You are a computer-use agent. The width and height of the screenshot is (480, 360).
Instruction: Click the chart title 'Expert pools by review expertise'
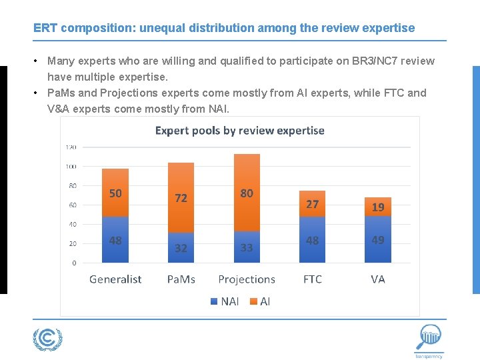coord(239,131)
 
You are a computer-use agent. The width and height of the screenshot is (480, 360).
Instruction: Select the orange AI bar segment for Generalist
coord(115,193)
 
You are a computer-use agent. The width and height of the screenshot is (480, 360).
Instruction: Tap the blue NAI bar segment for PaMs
coord(181,247)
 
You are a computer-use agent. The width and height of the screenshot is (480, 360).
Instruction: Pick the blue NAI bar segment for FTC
coord(312,240)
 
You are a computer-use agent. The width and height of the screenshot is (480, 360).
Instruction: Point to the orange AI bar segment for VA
coord(377,207)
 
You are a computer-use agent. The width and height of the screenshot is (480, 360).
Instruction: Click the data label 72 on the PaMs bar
coord(181,198)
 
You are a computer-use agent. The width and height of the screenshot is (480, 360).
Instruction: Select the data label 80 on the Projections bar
coord(247,193)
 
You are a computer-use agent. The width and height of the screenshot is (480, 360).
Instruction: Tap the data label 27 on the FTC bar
coord(312,204)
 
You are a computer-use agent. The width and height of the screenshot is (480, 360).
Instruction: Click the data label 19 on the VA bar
coord(377,207)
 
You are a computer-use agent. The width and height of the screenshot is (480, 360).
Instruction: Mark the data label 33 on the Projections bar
coord(247,247)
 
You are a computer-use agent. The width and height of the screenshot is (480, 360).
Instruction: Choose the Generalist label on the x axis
coord(115,279)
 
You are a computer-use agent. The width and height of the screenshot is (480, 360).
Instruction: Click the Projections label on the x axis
coord(247,279)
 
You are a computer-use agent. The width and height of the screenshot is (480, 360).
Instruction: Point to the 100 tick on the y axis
coord(71,166)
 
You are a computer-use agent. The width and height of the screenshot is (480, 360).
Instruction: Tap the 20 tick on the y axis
coord(72,244)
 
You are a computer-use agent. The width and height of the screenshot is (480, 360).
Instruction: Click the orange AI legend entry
coord(260,301)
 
